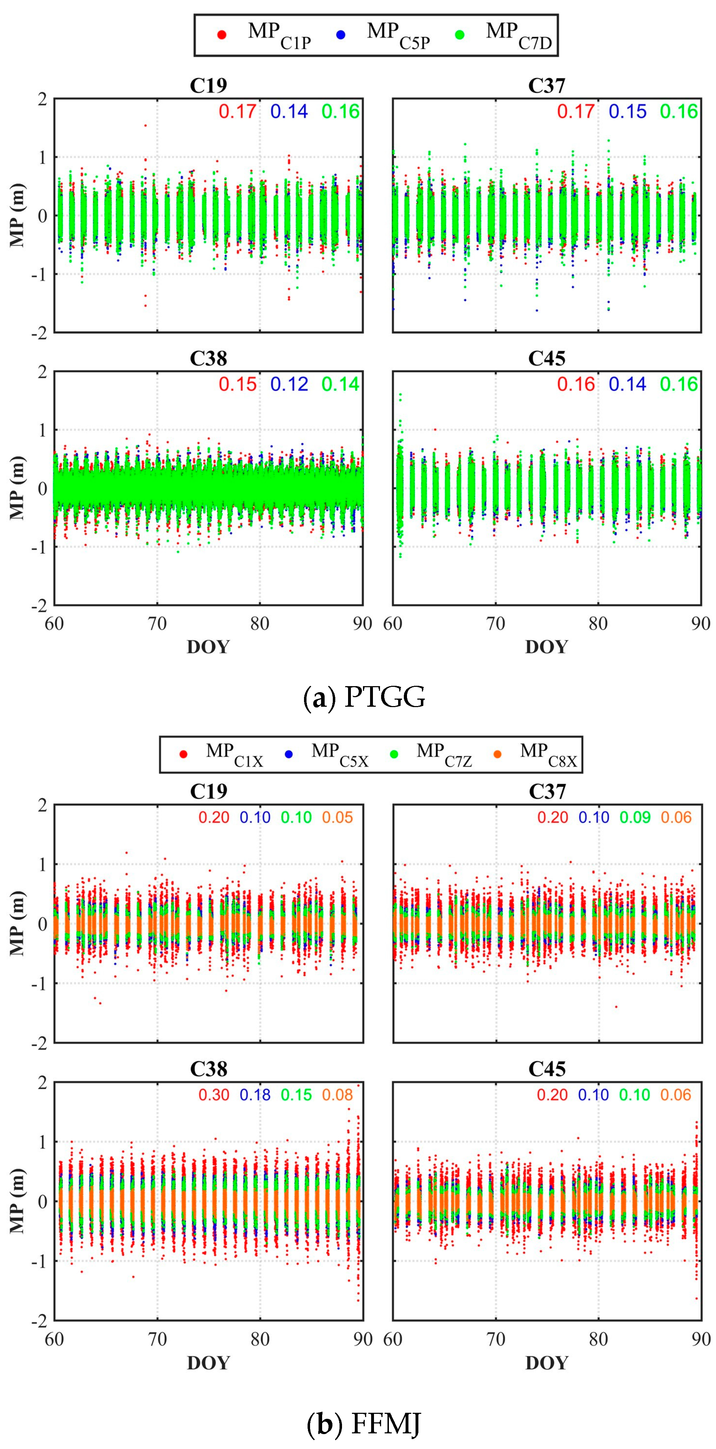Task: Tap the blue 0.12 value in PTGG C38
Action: (289, 384)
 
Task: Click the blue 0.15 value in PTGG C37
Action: (628, 112)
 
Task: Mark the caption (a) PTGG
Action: (364, 698)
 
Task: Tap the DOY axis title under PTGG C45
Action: (547, 647)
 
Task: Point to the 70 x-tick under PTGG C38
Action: (157, 624)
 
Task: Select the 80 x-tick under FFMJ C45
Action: (598, 1339)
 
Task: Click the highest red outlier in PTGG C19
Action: (146, 125)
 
